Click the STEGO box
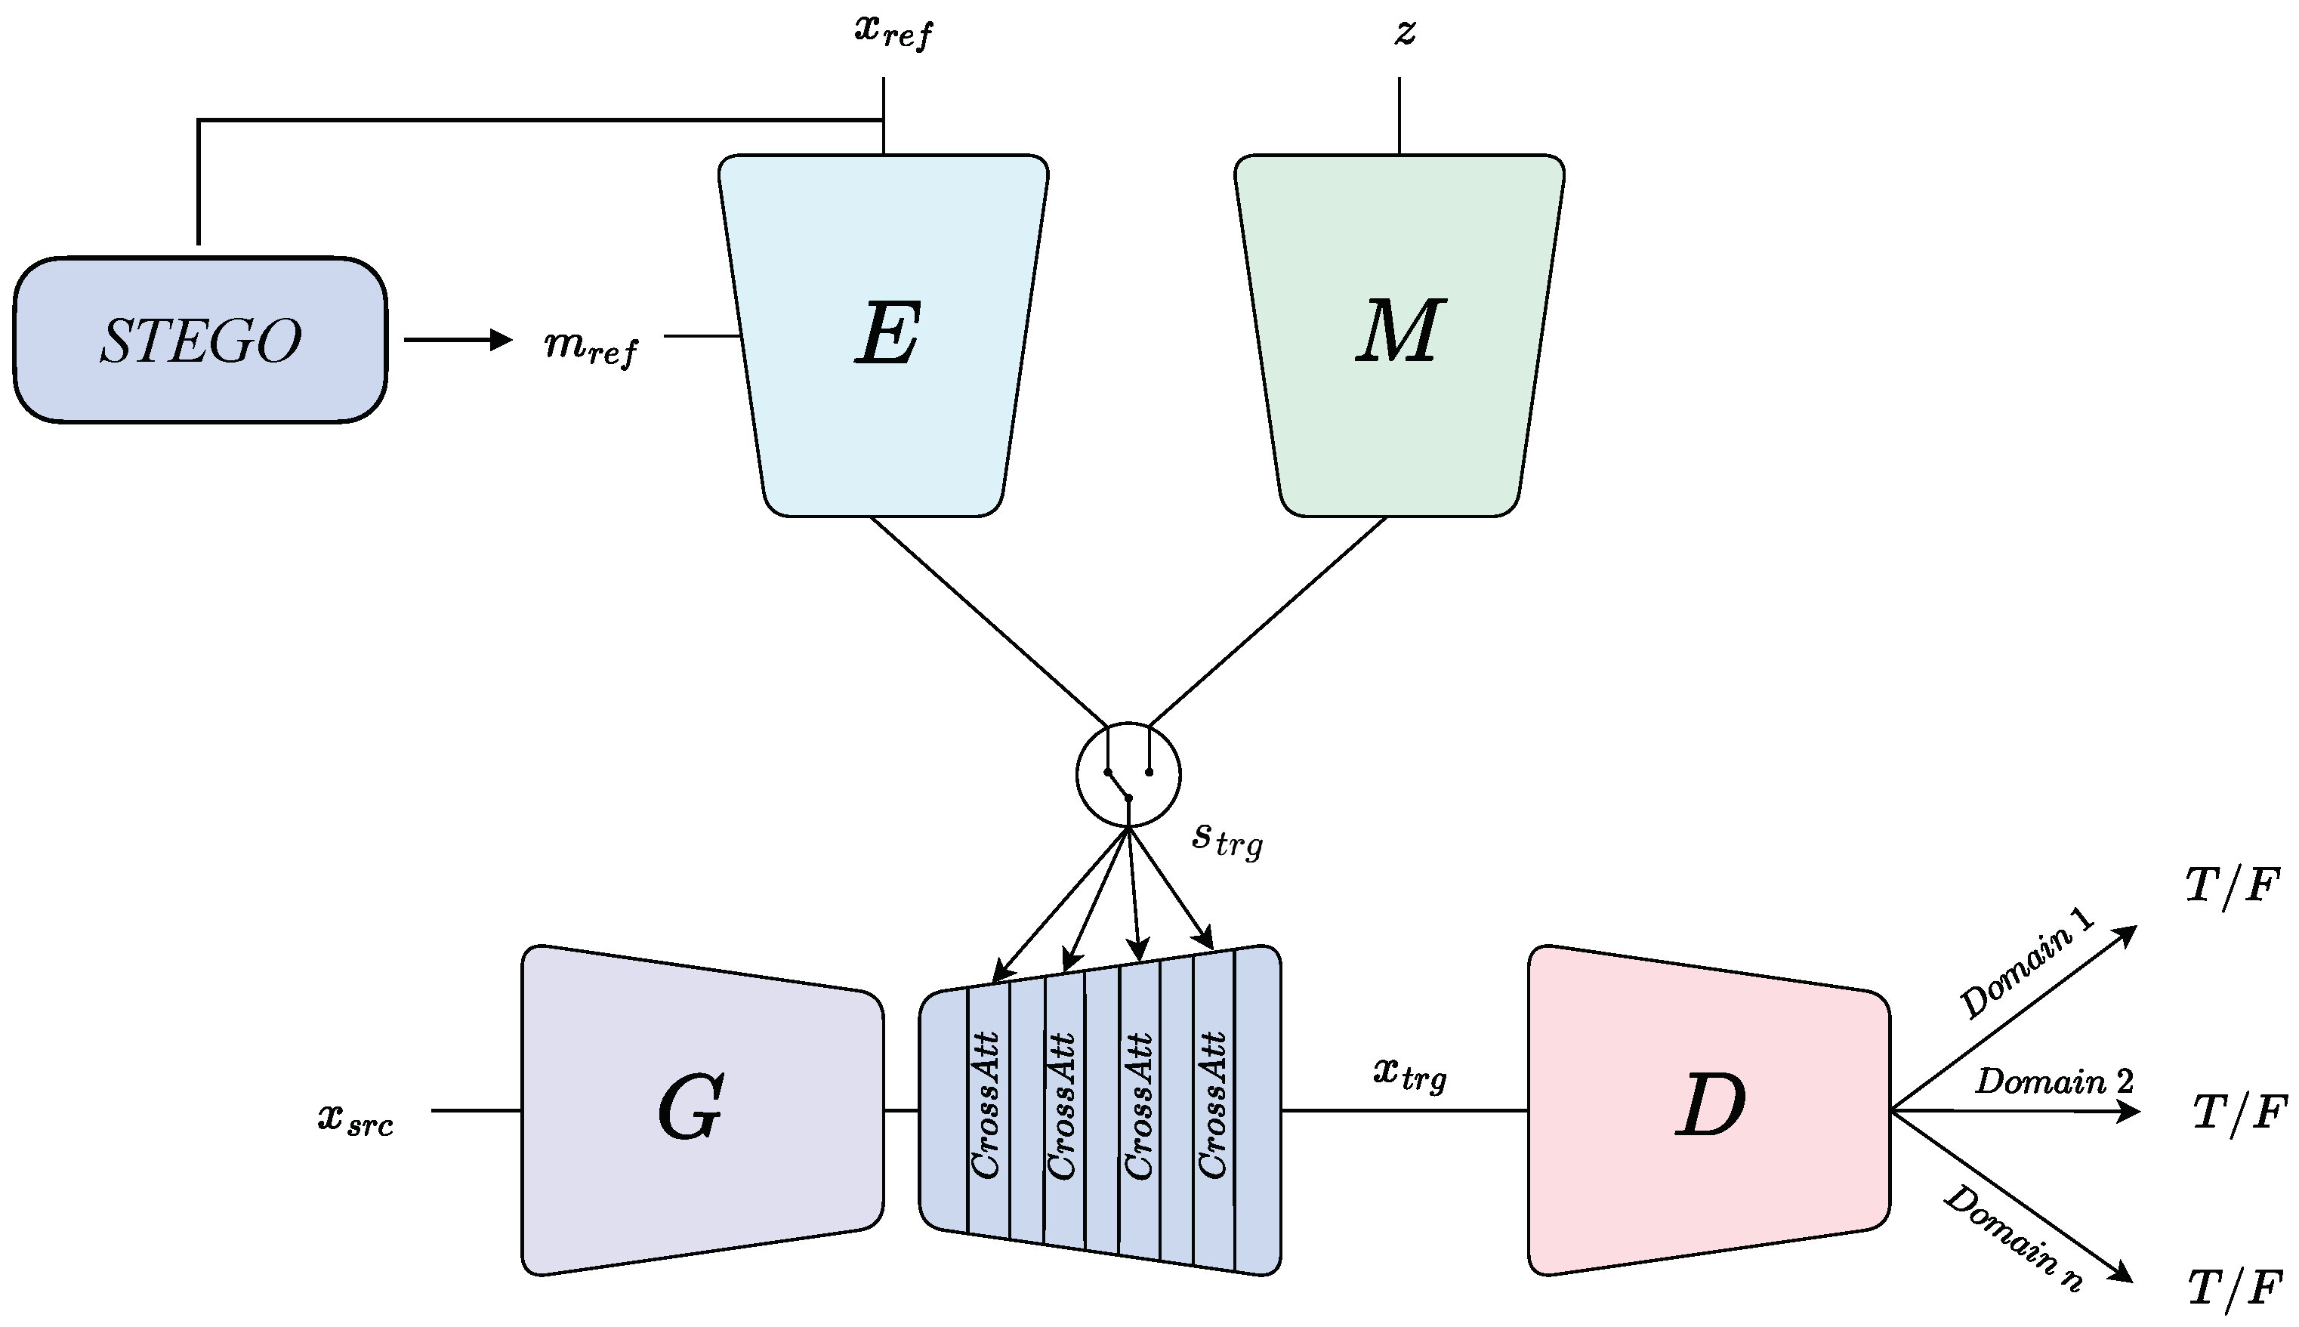[200, 340]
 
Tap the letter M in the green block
[1398, 332]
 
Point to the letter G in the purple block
[690, 1108]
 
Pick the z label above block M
[1404, 32]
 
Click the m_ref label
[591, 347]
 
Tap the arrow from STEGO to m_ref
[458, 340]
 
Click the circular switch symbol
[1128, 775]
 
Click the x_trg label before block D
[1409, 1075]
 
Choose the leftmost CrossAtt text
[986, 1105]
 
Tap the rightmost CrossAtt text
[1212, 1105]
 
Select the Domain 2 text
[2054, 1082]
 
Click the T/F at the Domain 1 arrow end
[2233, 886]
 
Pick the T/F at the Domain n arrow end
[2234, 1288]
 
